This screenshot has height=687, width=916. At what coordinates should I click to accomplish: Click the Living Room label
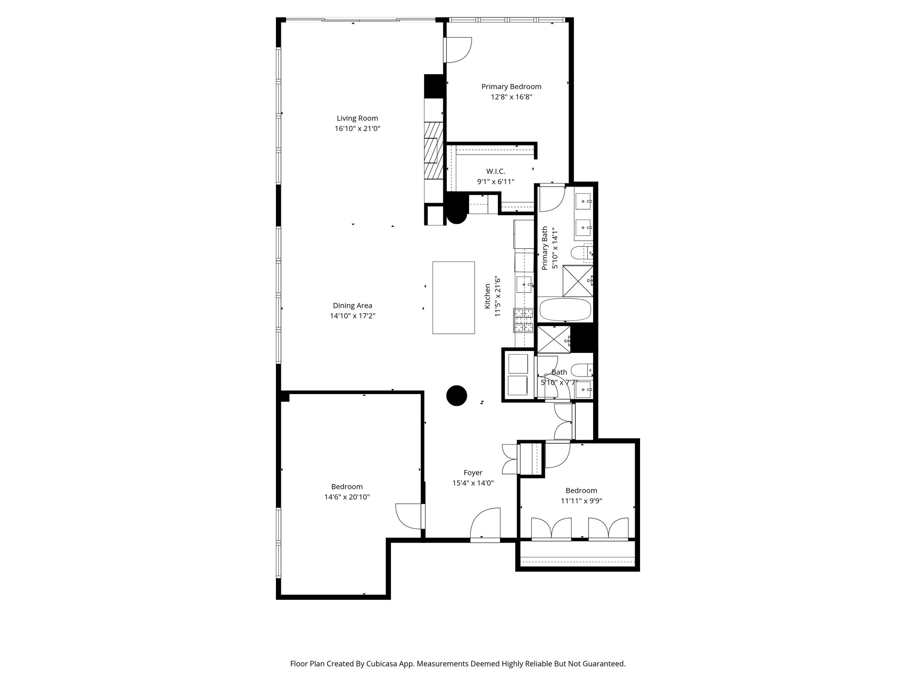[x=357, y=119]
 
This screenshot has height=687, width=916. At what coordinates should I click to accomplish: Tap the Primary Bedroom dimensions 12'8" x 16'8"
[x=511, y=97]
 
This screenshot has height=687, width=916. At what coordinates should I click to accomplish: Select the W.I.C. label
[x=496, y=172]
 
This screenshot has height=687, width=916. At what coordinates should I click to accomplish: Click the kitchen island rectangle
[x=453, y=297]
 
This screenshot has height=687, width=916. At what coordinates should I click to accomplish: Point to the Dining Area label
[x=352, y=306]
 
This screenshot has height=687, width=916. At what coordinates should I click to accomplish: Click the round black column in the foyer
[x=457, y=396]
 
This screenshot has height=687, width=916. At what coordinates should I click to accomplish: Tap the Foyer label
[x=473, y=473]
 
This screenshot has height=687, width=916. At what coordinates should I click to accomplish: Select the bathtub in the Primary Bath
[x=565, y=310]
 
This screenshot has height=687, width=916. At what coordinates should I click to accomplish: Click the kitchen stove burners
[x=524, y=320]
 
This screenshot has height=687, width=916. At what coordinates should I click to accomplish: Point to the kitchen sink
[x=525, y=284]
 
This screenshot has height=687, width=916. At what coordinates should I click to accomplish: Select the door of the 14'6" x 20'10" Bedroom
[x=408, y=517]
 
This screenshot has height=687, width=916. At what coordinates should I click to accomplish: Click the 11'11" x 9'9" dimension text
[x=581, y=501]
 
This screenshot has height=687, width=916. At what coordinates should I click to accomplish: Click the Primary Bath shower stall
[x=577, y=280]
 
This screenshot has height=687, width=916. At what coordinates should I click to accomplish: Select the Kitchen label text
[x=488, y=296]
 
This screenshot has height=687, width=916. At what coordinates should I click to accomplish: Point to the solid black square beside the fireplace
[x=433, y=86]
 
